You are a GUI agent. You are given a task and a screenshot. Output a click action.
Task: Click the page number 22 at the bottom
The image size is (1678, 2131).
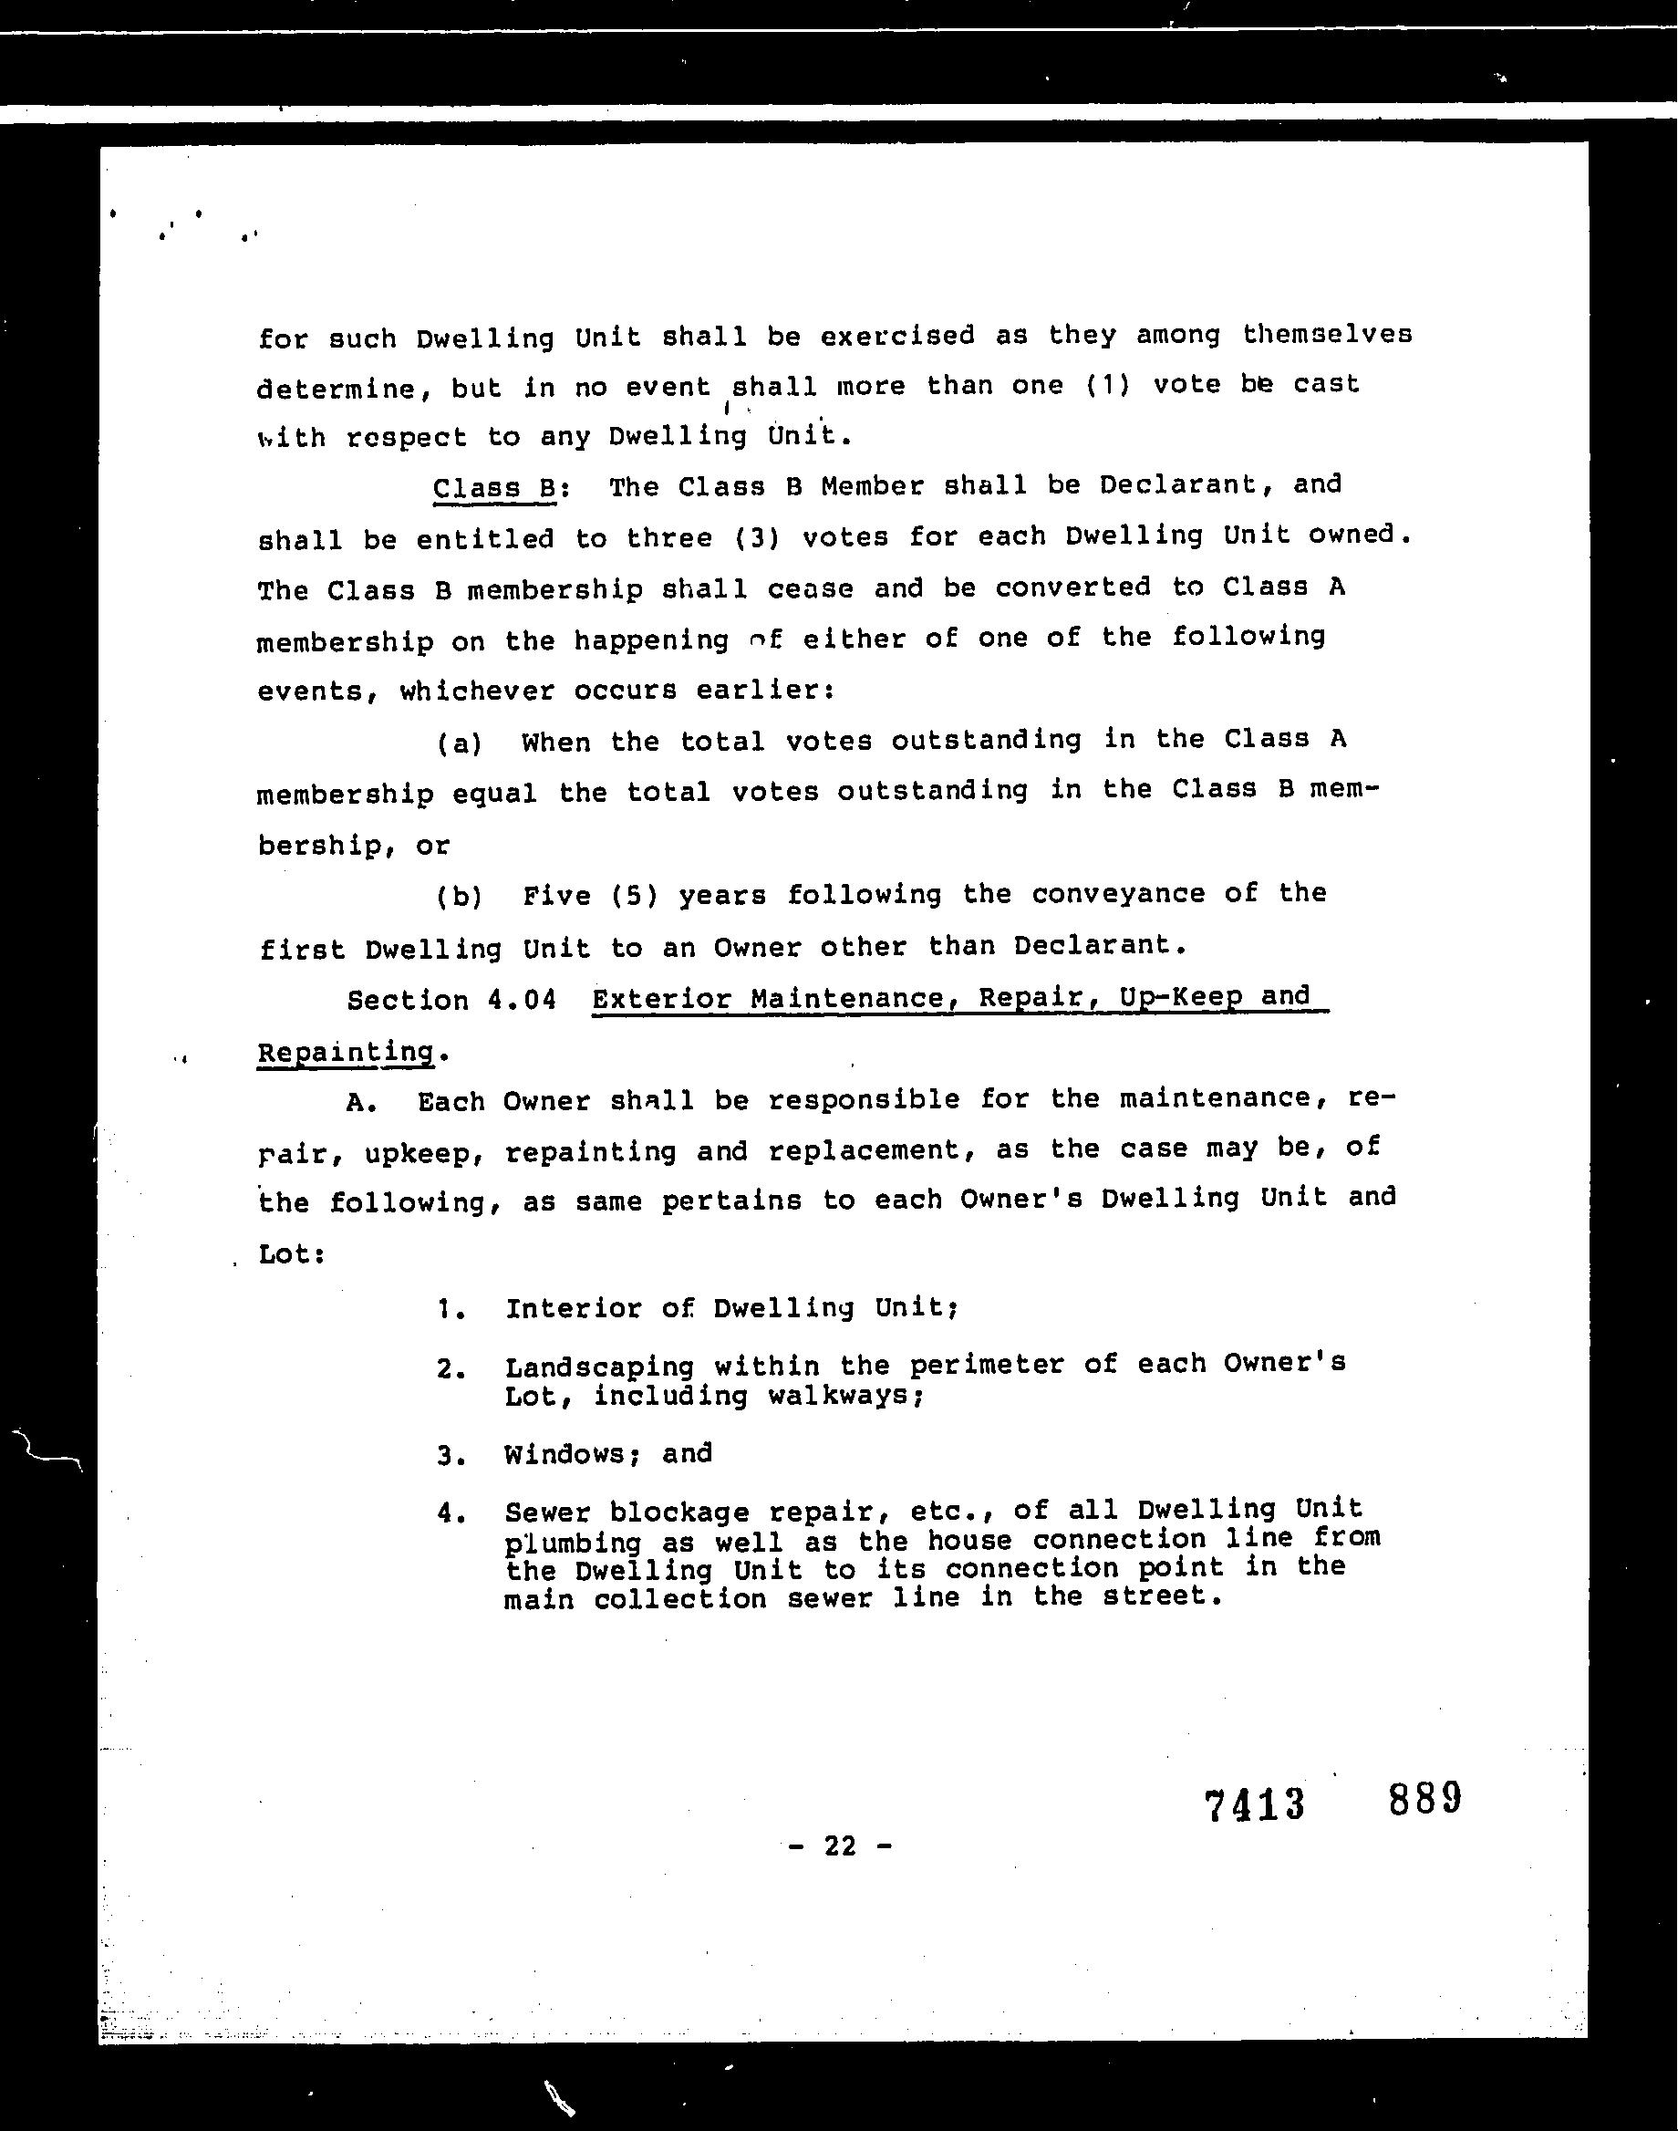tap(840, 1846)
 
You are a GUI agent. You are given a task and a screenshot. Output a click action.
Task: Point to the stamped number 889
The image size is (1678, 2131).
tap(1424, 1798)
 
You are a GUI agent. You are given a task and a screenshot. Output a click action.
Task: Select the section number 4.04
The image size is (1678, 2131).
tap(521, 1000)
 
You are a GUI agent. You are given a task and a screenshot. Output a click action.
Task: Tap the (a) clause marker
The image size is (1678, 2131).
tap(460, 743)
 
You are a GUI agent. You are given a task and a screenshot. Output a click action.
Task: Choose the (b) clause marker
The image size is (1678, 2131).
tap(460, 896)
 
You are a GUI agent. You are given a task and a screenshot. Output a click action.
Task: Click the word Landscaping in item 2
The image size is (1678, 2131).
tap(599, 1367)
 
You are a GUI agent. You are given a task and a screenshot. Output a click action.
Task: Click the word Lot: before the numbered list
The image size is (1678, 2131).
tap(291, 1255)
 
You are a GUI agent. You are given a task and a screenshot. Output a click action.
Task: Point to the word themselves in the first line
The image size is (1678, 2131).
tap(1326, 335)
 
